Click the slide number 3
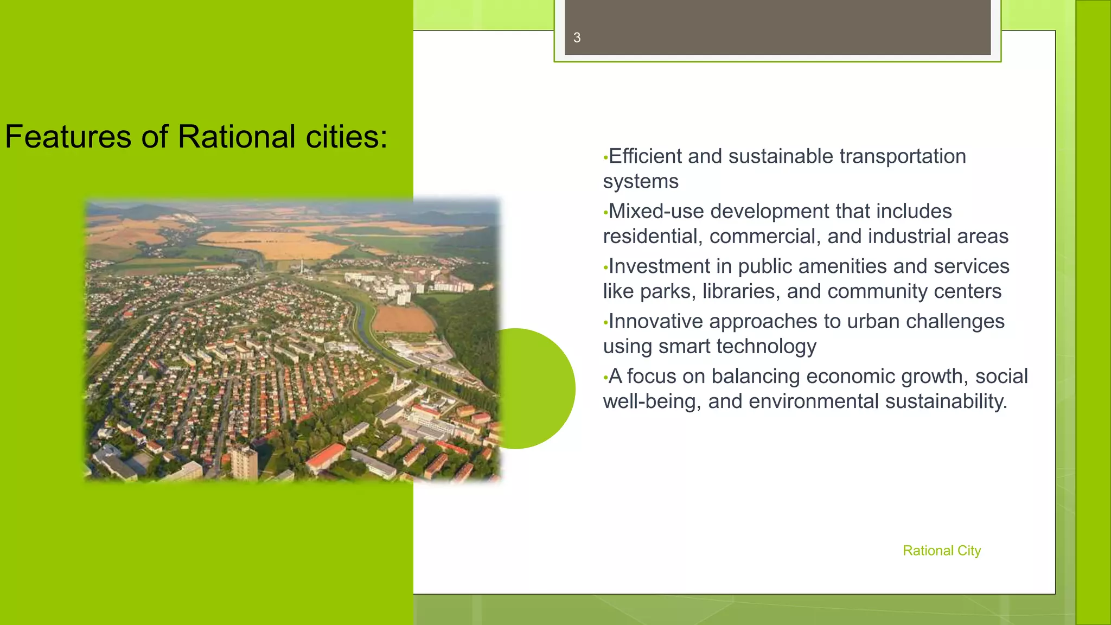[x=577, y=37]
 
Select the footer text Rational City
[x=942, y=551]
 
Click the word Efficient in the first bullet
[x=645, y=156]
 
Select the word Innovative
[x=655, y=321]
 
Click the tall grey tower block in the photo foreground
[x=244, y=461]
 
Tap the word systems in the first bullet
[x=641, y=181]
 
